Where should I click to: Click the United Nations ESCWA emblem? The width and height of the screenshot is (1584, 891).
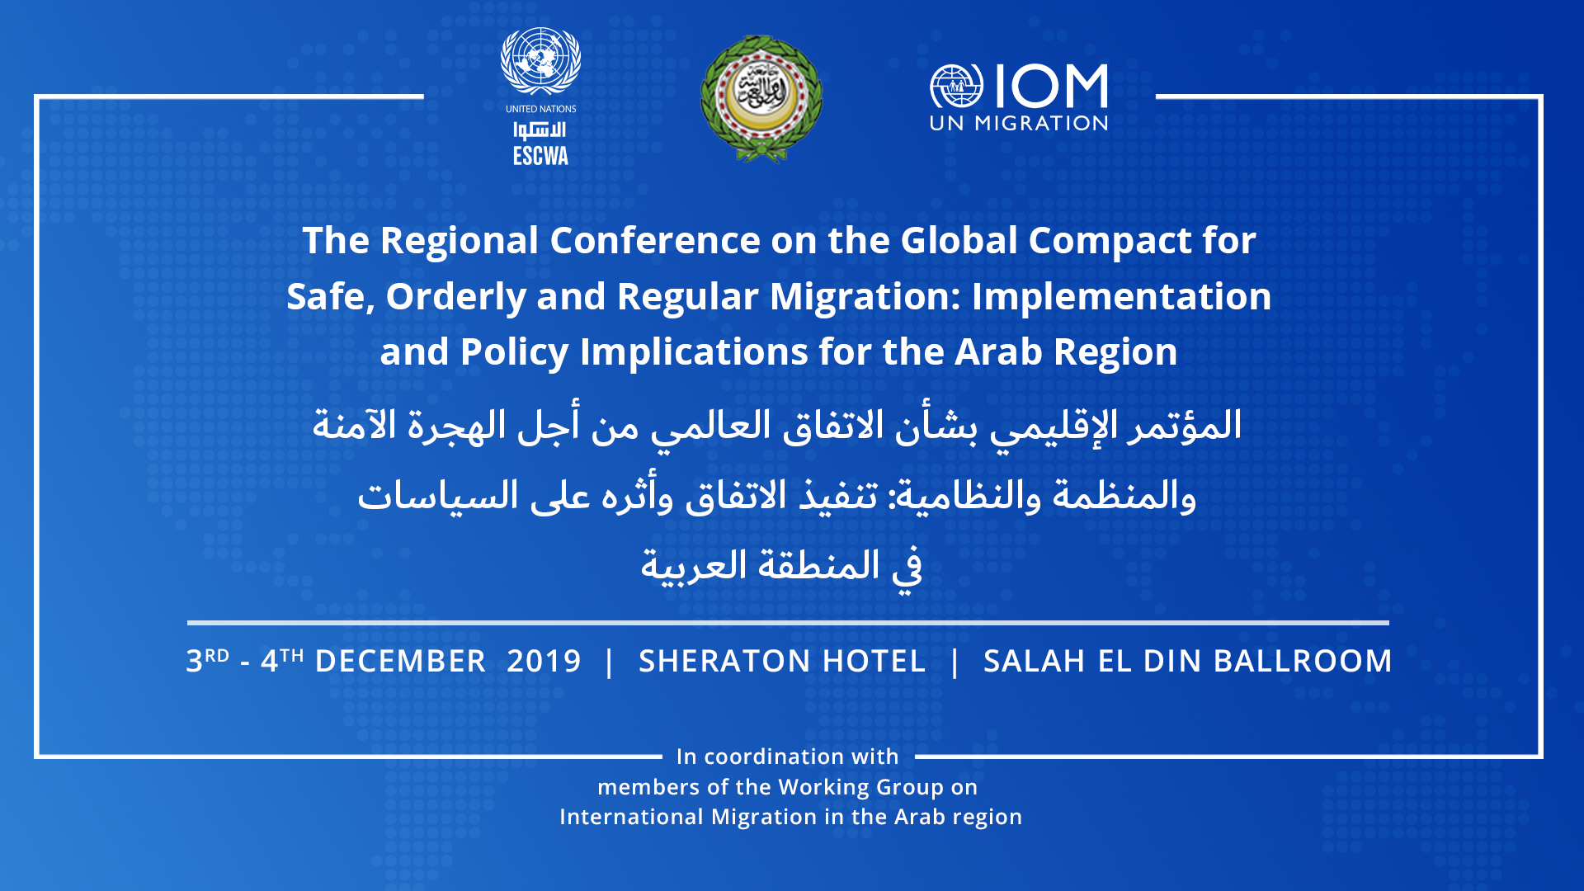coord(541,62)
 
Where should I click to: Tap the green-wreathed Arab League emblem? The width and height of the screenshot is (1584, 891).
coord(761,99)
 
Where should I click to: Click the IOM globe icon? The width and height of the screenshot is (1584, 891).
coord(957,87)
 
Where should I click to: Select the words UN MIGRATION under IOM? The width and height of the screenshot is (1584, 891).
coord(1019,124)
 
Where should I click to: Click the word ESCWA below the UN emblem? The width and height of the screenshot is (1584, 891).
coord(541,156)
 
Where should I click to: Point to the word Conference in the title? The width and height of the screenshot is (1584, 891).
coord(655,240)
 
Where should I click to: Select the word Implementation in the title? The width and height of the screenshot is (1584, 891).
coord(1122,297)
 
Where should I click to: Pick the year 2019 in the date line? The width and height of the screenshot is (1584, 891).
coord(544,662)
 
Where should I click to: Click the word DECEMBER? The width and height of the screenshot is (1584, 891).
coord(400,662)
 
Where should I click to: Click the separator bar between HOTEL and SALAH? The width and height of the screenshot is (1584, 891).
coord(955,662)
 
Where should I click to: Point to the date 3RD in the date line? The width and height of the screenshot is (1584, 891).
coord(208,660)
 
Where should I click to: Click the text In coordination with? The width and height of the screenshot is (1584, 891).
coord(788,757)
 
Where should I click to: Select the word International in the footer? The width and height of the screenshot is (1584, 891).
coord(632,817)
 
